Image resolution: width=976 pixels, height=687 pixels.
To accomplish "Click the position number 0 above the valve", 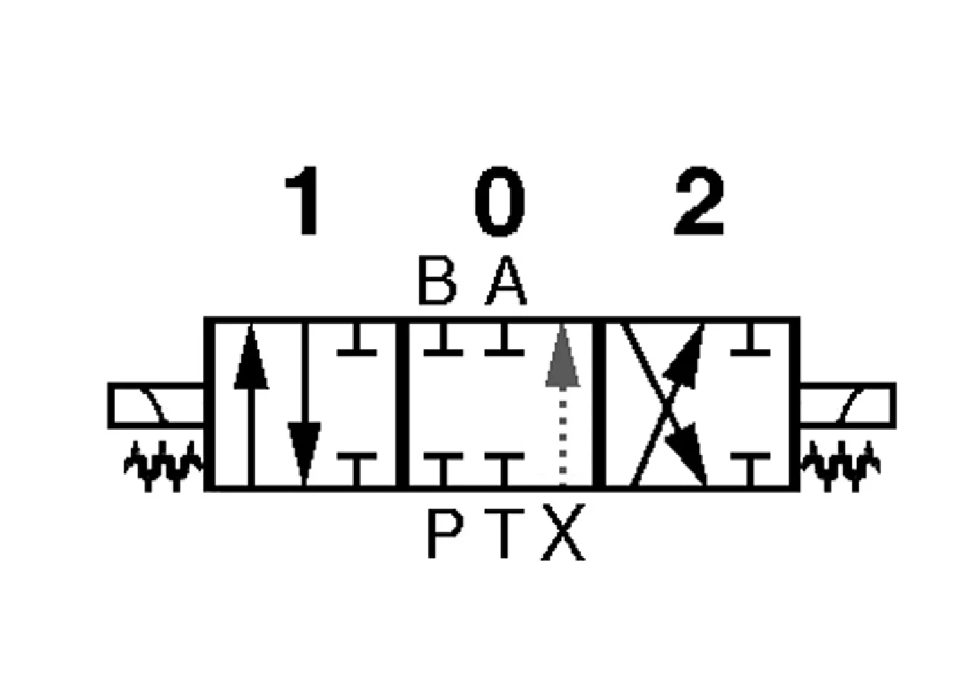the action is pos(499,201).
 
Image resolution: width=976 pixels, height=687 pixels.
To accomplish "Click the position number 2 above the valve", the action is pos(698,201).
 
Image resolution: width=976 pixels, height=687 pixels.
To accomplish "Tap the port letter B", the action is pos(437,281).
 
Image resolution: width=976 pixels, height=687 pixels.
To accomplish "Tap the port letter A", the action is pos(506,281).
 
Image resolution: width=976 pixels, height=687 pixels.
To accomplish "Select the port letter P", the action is pos(445,534).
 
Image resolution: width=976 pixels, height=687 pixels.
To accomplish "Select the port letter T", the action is pos(504,534).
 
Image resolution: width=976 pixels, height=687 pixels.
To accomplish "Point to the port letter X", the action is pos(563,534).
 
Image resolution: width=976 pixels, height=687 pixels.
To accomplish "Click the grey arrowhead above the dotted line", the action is pos(563,356).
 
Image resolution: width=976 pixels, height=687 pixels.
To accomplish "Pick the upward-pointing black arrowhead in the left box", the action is pos(251,356).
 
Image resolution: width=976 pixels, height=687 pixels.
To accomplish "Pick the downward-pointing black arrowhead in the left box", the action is pos(304,454).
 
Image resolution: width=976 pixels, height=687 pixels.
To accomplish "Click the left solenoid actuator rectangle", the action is pos(156,405).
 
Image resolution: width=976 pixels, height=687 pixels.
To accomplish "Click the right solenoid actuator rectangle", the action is pos(848,405).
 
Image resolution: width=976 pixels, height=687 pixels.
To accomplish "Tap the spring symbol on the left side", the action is pos(162,466).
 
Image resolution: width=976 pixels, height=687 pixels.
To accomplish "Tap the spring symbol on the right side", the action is pos(840,466).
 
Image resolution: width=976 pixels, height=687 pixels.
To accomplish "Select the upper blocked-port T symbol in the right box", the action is pos(750,340).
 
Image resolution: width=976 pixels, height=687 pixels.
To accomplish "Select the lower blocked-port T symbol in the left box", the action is pos(356,469).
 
